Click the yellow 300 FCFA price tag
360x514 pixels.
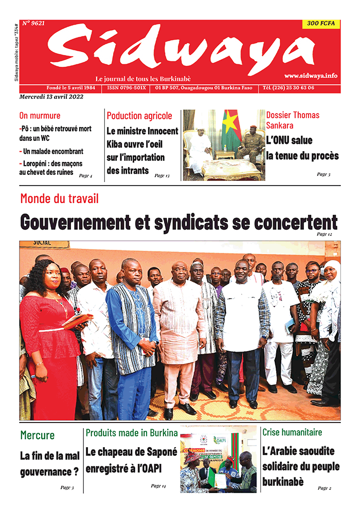(320, 24)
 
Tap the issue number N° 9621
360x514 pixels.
(33, 24)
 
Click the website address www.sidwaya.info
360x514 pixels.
(311, 76)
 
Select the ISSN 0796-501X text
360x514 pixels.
(127, 88)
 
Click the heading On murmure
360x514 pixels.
(40, 116)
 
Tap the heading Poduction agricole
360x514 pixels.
(139, 116)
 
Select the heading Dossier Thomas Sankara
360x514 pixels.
(293, 120)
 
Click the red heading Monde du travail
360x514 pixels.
(59, 199)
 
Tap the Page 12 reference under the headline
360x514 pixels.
(325, 234)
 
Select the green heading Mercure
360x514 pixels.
(37, 435)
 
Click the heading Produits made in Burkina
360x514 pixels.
(132, 433)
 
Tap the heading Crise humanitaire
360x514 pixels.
(292, 433)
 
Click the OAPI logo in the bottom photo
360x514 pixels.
(220, 440)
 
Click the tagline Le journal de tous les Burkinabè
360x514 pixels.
(143, 79)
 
